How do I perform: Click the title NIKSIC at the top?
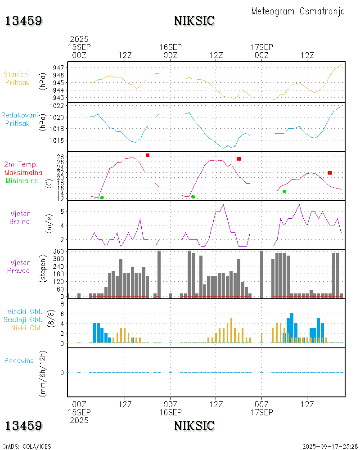(x=194, y=21)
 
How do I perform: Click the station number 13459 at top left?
(x=24, y=21)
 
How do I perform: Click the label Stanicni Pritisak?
(x=18, y=78)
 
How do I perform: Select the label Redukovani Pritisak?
(x=18, y=119)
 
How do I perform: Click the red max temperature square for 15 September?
(x=148, y=155)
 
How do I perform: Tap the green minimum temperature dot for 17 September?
(x=284, y=191)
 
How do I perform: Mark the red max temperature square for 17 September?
(x=330, y=173)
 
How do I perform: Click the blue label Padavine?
(x=19, y=360)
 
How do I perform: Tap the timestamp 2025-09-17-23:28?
(x=329, y=446)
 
